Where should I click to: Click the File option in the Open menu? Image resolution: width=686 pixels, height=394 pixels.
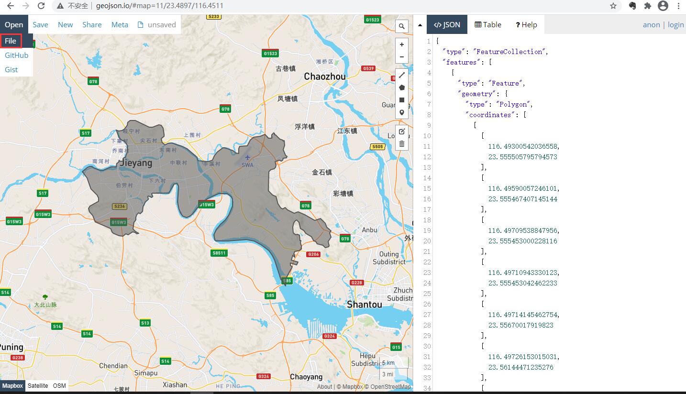click(x=11, y=41)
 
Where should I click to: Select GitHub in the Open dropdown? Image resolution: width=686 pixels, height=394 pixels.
click(x=17, y=55)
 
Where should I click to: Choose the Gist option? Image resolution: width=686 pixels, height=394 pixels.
click(x=11, y=70)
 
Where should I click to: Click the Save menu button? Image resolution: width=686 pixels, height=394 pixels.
click(x=40, y=25)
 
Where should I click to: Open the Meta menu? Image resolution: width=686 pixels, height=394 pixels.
click(x=120, y=25)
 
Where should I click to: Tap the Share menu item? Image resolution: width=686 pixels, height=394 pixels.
click(x=92, y=25)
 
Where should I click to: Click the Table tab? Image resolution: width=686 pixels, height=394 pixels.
click(x=488, y=25)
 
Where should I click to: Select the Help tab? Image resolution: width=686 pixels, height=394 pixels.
click(x=526, y=25)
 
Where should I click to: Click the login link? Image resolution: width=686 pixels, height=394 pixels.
click(x=675, y=25)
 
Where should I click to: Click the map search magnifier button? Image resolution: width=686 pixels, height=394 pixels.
click(x=402, y=26)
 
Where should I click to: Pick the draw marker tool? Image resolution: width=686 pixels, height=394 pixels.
click(x=402, y=113)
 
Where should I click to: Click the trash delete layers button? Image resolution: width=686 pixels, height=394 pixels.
click(x=402, y=143)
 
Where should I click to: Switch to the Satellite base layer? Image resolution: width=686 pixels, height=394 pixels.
click(x=38, y=386)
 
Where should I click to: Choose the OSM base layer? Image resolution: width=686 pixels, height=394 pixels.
click(x=59, y=386)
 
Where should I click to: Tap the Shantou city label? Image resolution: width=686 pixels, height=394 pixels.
click(x=365, y=305)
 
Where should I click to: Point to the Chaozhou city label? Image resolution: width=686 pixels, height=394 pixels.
click(x=325, y=77)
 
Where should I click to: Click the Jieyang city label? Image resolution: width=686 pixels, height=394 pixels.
click(x=136, y=163)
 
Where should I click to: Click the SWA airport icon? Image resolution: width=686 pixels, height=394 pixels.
click(x=247, y=158)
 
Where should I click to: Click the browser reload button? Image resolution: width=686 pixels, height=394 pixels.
click(x=41, y=6)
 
